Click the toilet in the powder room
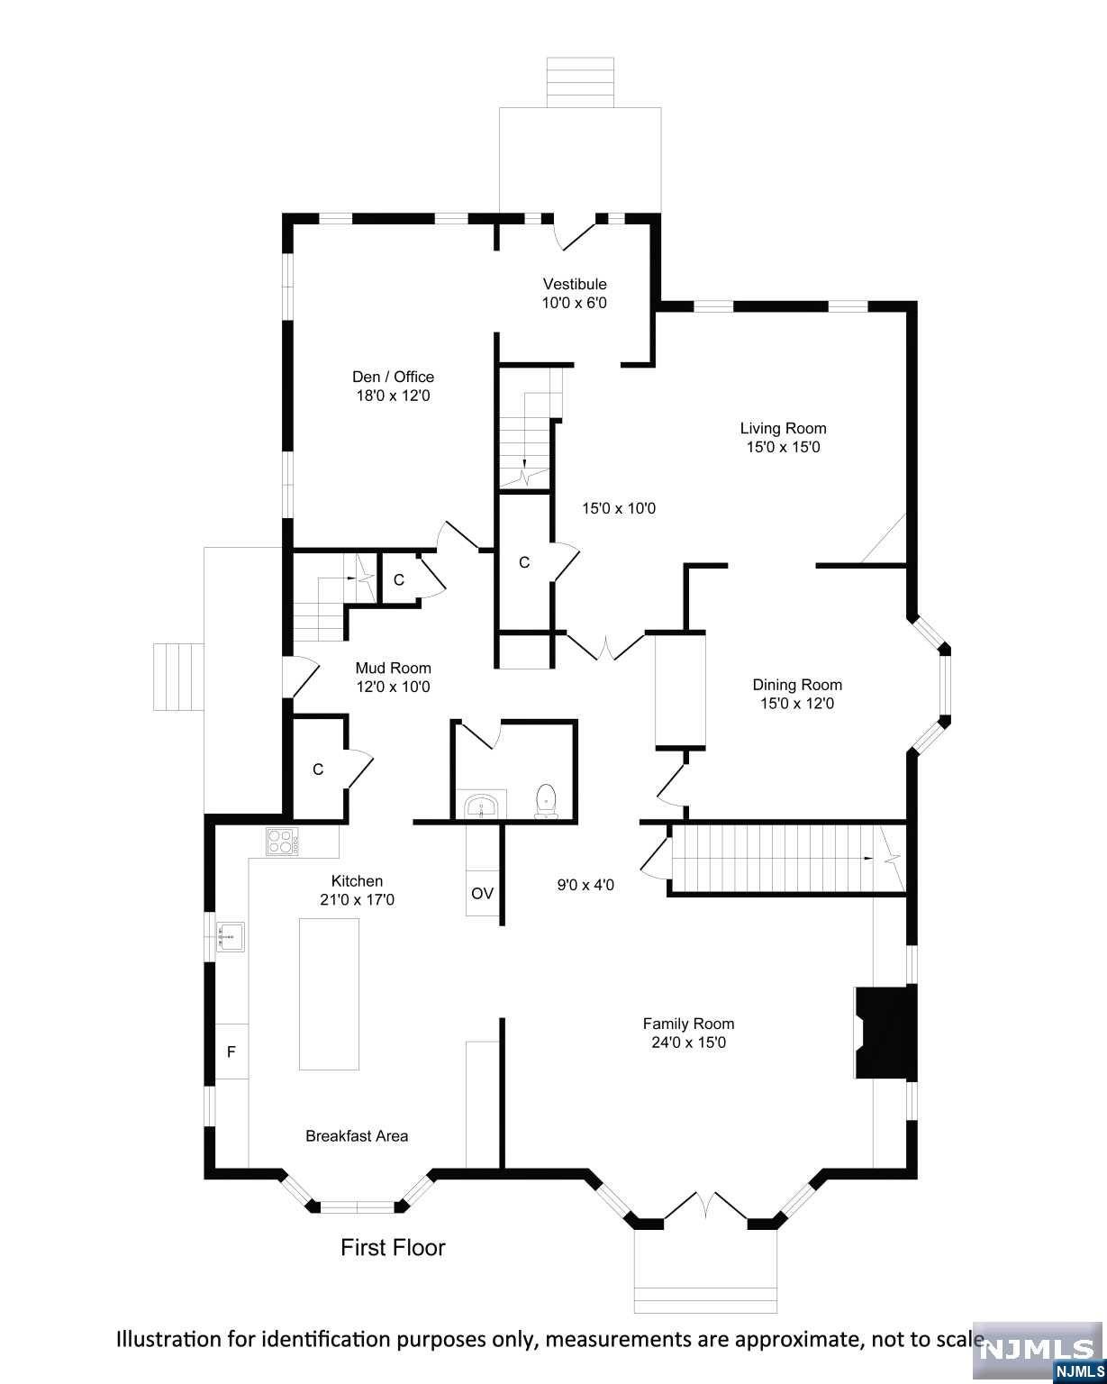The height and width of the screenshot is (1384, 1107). (546, 801)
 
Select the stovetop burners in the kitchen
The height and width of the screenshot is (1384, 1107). (283, 841)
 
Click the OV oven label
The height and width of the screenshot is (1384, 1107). (482, 893)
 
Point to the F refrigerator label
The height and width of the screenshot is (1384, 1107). (231, 1052)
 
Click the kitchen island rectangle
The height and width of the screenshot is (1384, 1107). (329, 995)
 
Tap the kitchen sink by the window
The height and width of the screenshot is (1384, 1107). (231, 936)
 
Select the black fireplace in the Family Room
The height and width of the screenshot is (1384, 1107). (885, 1032)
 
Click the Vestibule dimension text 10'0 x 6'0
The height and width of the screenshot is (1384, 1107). (574, 303)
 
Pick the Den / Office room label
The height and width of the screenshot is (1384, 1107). (393, 377)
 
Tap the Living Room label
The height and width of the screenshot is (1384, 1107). (783, 428)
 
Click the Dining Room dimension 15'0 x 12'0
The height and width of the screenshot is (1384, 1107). (797, 703)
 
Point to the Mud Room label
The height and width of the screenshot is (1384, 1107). (393, 668)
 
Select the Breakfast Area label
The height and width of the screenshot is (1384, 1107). (357, 1136)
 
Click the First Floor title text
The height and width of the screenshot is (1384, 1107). (393, 1248)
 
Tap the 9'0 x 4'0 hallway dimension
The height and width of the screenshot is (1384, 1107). (585, 886)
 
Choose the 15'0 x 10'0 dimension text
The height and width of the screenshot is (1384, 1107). (619, 509)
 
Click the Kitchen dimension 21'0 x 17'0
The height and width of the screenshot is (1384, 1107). (357, 900)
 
